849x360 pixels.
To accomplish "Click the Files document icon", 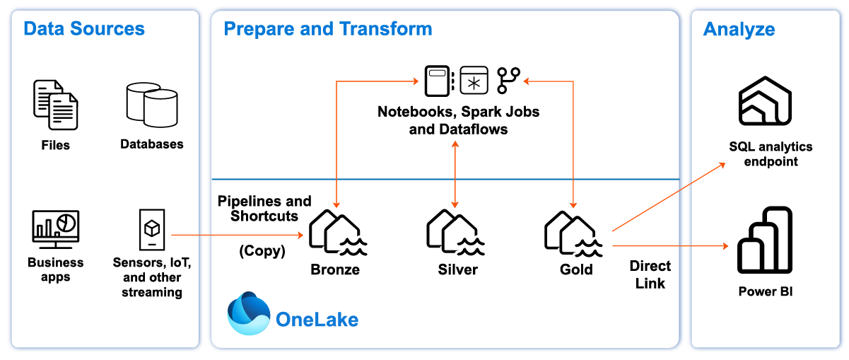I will (x=56, y=105).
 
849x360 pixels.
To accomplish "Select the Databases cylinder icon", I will (x=151, y=105).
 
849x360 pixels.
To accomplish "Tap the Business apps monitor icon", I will (x=56, y=229).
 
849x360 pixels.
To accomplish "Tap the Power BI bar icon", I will (x=764, y=240).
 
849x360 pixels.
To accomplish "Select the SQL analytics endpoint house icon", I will (x=765, y=103).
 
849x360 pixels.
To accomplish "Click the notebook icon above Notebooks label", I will (x=437, y=81).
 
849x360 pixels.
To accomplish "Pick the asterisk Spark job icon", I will (x=474, y=81).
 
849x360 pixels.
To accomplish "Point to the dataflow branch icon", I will (x=508, y=81).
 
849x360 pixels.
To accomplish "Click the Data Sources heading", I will (x=84, y=29).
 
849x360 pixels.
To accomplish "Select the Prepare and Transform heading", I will (x=328, y=29).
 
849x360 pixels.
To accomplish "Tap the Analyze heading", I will (x=739, y=30).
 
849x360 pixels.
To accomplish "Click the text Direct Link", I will (x=650, y=274).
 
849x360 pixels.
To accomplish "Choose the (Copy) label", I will (x=262, y=251).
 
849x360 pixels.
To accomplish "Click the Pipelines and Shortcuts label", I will (x=264, y=209).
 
